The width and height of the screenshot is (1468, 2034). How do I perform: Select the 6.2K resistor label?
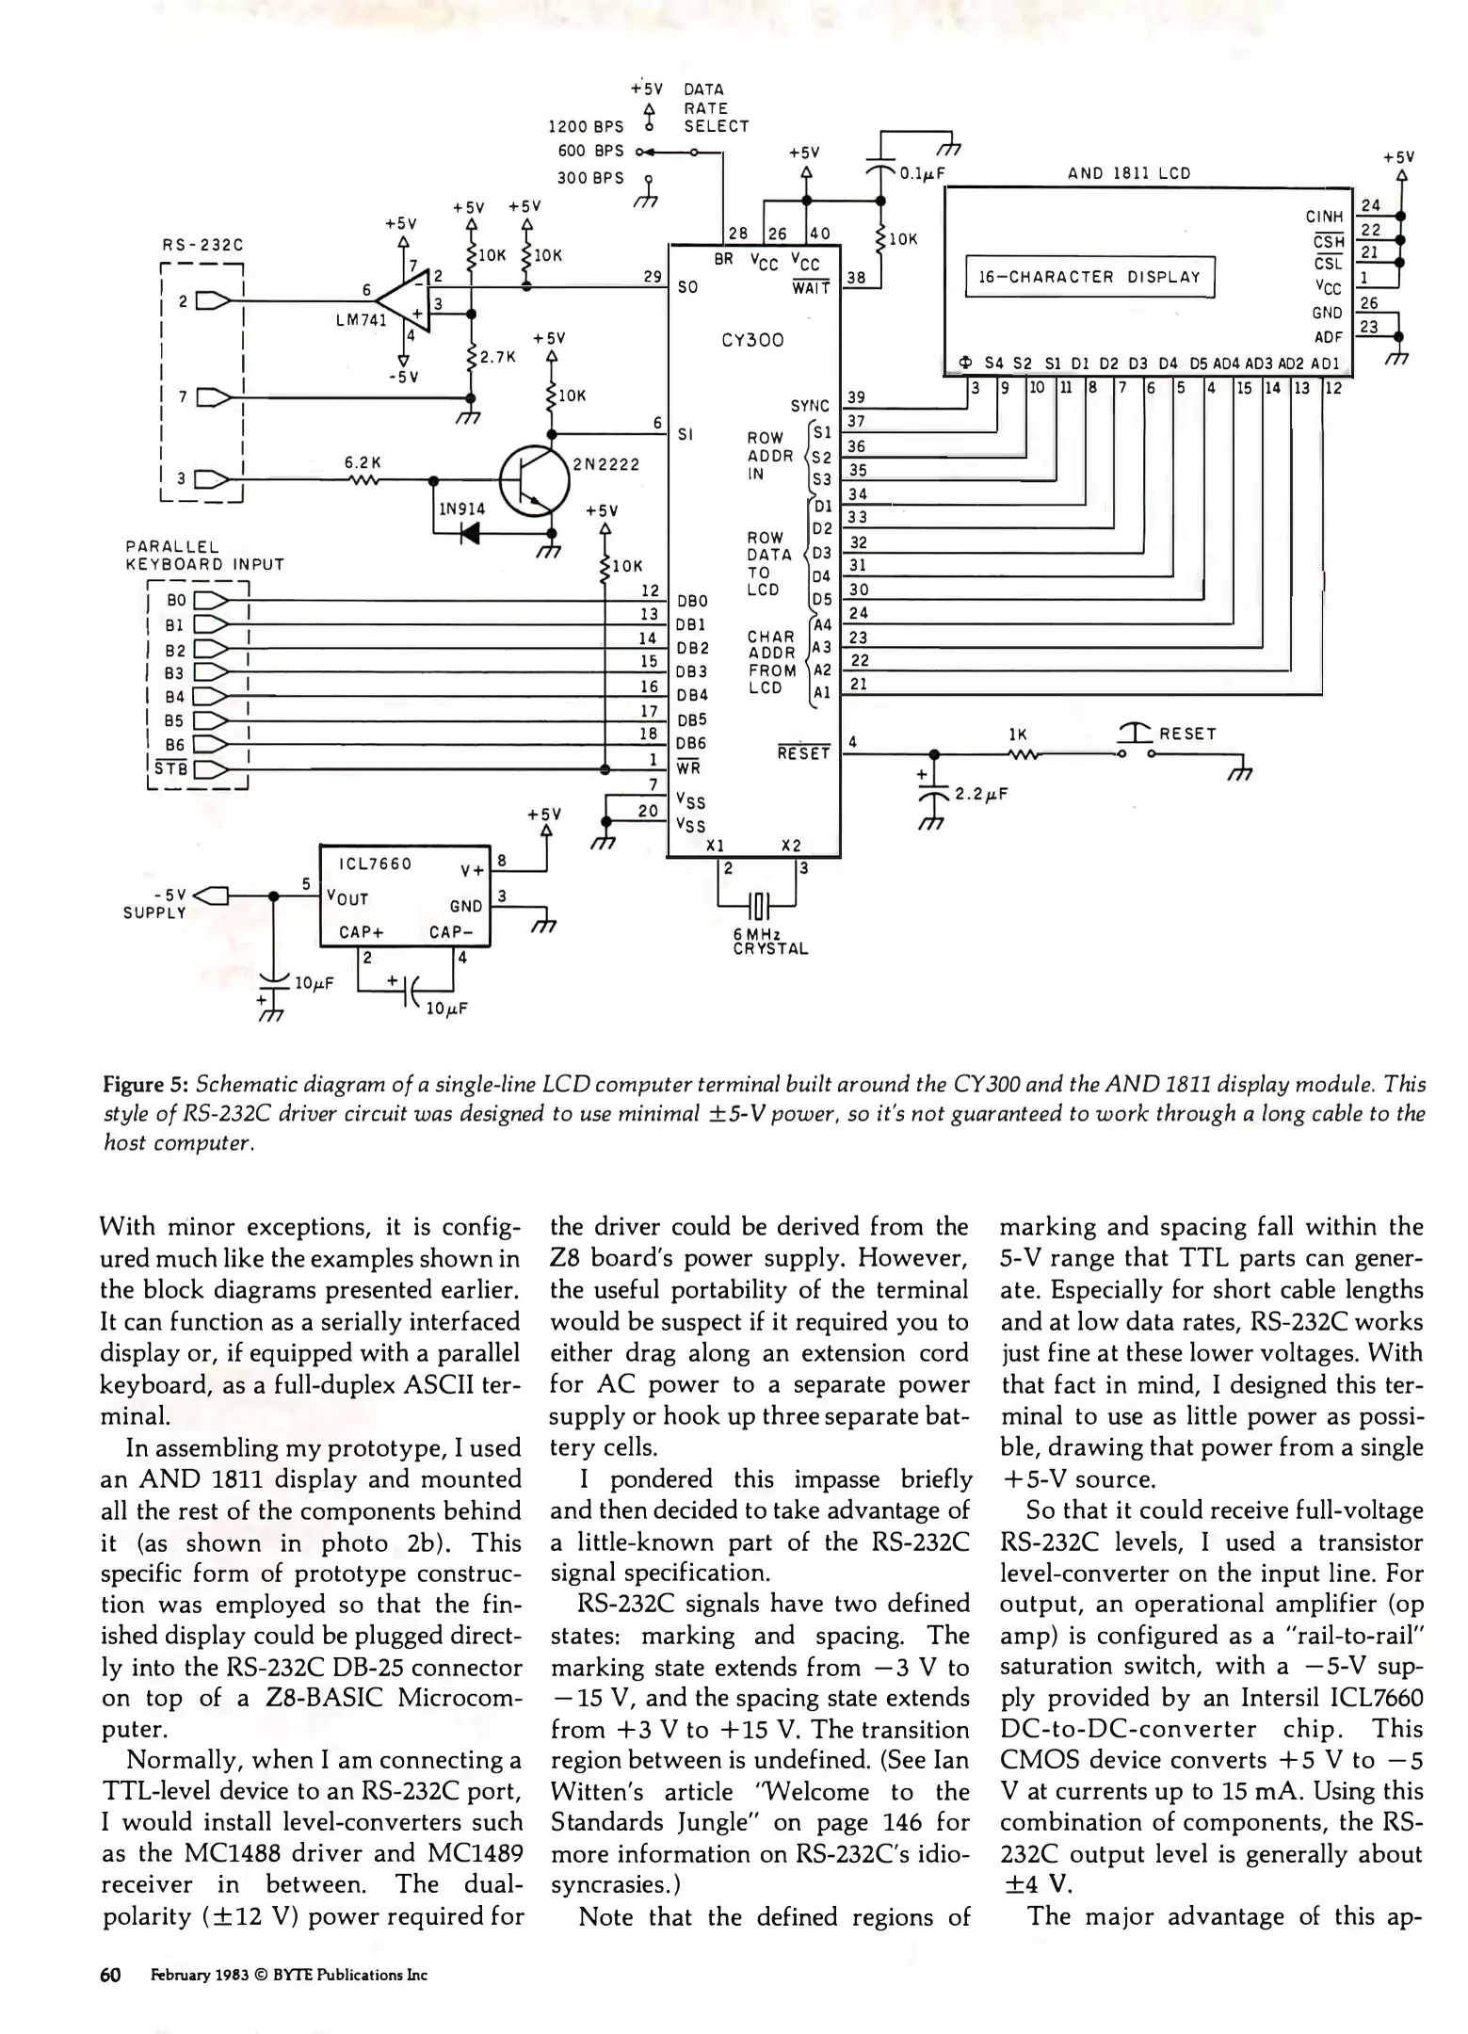pos(362,462)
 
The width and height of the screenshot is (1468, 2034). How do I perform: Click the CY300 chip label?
pos(752,340)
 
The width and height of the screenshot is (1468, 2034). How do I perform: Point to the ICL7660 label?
pos(376,864)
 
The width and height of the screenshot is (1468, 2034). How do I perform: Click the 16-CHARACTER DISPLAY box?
pos(1089,277)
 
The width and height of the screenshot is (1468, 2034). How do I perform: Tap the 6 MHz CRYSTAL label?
pos(770,941)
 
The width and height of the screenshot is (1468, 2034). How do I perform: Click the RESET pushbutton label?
pos(1187,734)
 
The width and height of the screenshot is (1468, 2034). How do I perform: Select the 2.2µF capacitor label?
pos(981,794)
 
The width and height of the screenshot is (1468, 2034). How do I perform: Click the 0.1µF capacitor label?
pos(928,173)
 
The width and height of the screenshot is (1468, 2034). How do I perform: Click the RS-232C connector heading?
pos(202,245)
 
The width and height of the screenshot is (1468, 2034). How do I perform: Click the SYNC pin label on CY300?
pos(809,406)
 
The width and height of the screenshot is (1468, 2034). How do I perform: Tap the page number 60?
pos(111,1975)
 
